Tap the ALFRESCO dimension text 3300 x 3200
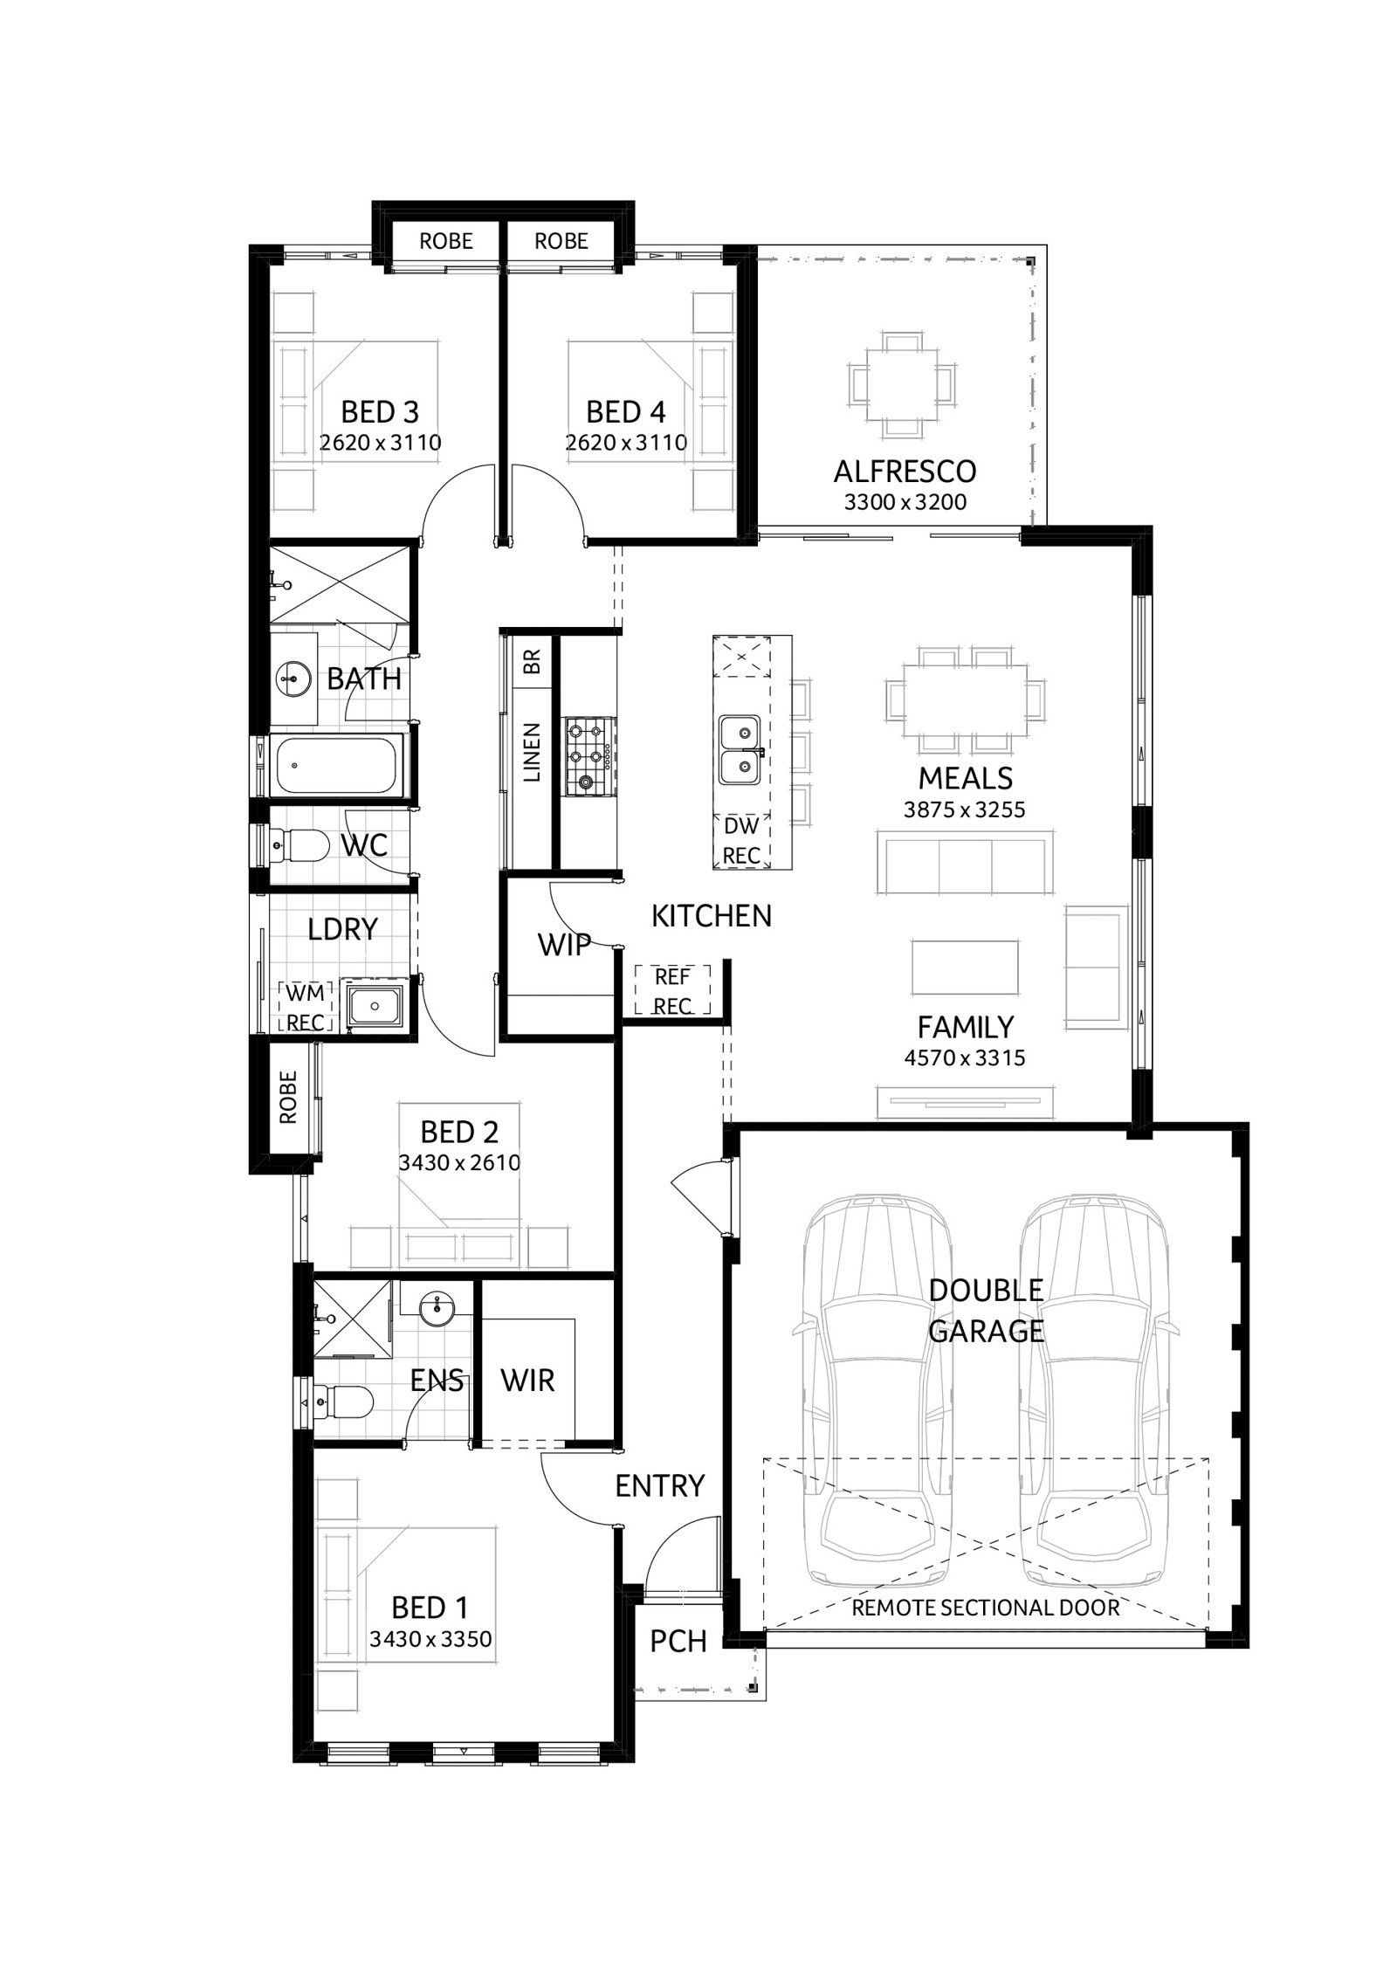[905, 502]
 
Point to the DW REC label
[741, 839]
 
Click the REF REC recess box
[672, 989]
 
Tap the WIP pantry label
[563, 944]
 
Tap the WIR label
[528, 1381]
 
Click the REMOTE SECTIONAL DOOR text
[986, 1607]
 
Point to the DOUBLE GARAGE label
[986, 1311]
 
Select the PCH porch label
[678, 1641]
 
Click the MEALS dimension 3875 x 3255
[965, 809]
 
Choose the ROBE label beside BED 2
[288, 1097]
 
